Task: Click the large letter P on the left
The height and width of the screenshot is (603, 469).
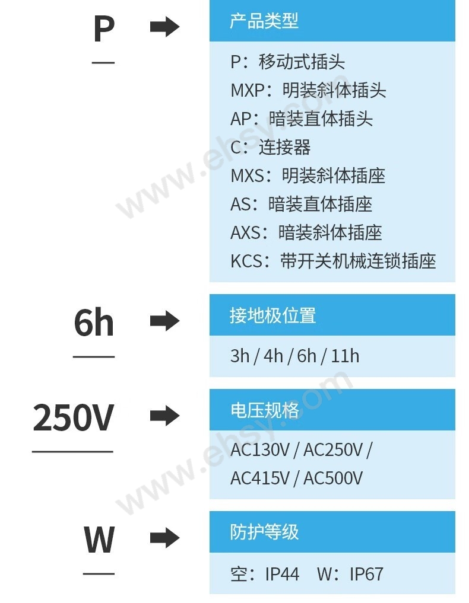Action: pos(104,28)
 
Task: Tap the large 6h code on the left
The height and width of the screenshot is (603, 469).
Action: pos(94,323)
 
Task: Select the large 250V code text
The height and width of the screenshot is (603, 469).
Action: pos(73,417)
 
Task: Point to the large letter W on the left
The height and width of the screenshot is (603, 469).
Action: pos(99,540)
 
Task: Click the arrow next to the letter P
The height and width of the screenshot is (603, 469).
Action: pos(164,27)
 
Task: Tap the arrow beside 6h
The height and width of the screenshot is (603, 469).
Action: pos(164,321)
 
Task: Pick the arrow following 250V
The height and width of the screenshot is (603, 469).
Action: pos(164,416)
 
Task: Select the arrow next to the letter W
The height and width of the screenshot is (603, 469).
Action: pos(164,538)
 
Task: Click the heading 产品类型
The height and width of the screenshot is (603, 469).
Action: pos(264,21)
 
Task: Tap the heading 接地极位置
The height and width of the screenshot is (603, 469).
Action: pos(272,315)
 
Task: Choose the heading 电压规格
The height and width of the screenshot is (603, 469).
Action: pos(264,410)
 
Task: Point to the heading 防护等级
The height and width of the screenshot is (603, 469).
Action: pos(264,532)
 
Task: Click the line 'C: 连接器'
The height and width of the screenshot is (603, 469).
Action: pos(270,147)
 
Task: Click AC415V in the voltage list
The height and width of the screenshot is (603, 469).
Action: pos(259,478)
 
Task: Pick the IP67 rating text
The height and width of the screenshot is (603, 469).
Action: pos(366,574)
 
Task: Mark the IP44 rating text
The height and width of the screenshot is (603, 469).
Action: pos(282,574)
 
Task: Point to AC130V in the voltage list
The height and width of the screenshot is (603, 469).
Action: pos(259,450)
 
